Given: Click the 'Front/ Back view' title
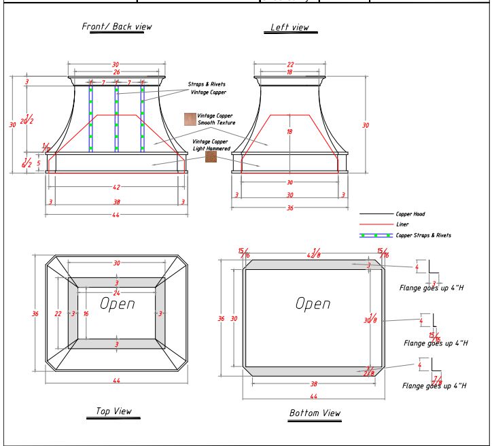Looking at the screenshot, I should pos(116,27).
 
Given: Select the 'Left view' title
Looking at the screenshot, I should pos(290,28).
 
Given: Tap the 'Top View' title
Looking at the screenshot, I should pos(113,411).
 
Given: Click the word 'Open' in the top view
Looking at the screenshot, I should pos(117,303).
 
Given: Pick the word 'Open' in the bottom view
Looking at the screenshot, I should pos(313,304).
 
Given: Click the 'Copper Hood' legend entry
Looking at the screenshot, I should pos(409,213).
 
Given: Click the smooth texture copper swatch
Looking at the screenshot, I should pos(190,119).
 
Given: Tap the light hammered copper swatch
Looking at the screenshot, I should pos(211,156).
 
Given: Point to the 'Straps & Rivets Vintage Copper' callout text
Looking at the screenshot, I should pos(207,88).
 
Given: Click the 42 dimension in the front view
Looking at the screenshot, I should pos(117,186).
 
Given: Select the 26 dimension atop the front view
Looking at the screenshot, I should pos(116,71).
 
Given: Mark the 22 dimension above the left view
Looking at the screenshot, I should pos(290,64).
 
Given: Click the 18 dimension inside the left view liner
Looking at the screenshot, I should pos(290,132).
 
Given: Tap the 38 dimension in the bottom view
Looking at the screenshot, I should pos(313,383).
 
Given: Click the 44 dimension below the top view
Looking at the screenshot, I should pos(116,381).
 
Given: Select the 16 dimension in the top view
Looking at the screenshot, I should pos(86,313).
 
